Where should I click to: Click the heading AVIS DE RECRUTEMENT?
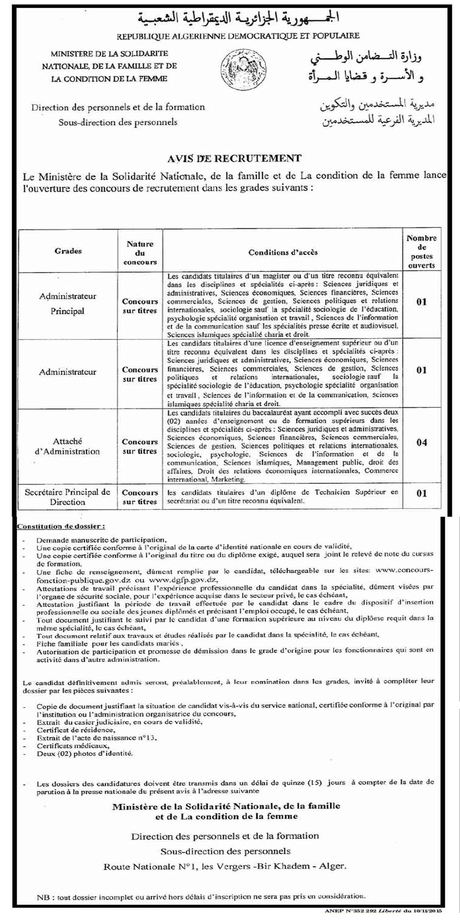click(234, 158)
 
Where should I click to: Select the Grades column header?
click(68, 251)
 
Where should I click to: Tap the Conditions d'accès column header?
click(283, 252)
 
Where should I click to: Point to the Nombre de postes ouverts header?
click(421, 251)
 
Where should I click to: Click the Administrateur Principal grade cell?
click(68, 304)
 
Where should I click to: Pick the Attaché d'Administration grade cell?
click(68, 446)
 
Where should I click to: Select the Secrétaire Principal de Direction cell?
click(68, 497)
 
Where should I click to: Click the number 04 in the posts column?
click(421, 443)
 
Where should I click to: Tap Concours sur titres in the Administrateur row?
click(140, 375)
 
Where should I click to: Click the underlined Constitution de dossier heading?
click(61, 527)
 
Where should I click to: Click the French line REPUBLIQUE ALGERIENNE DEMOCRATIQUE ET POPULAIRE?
click(238, 36)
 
